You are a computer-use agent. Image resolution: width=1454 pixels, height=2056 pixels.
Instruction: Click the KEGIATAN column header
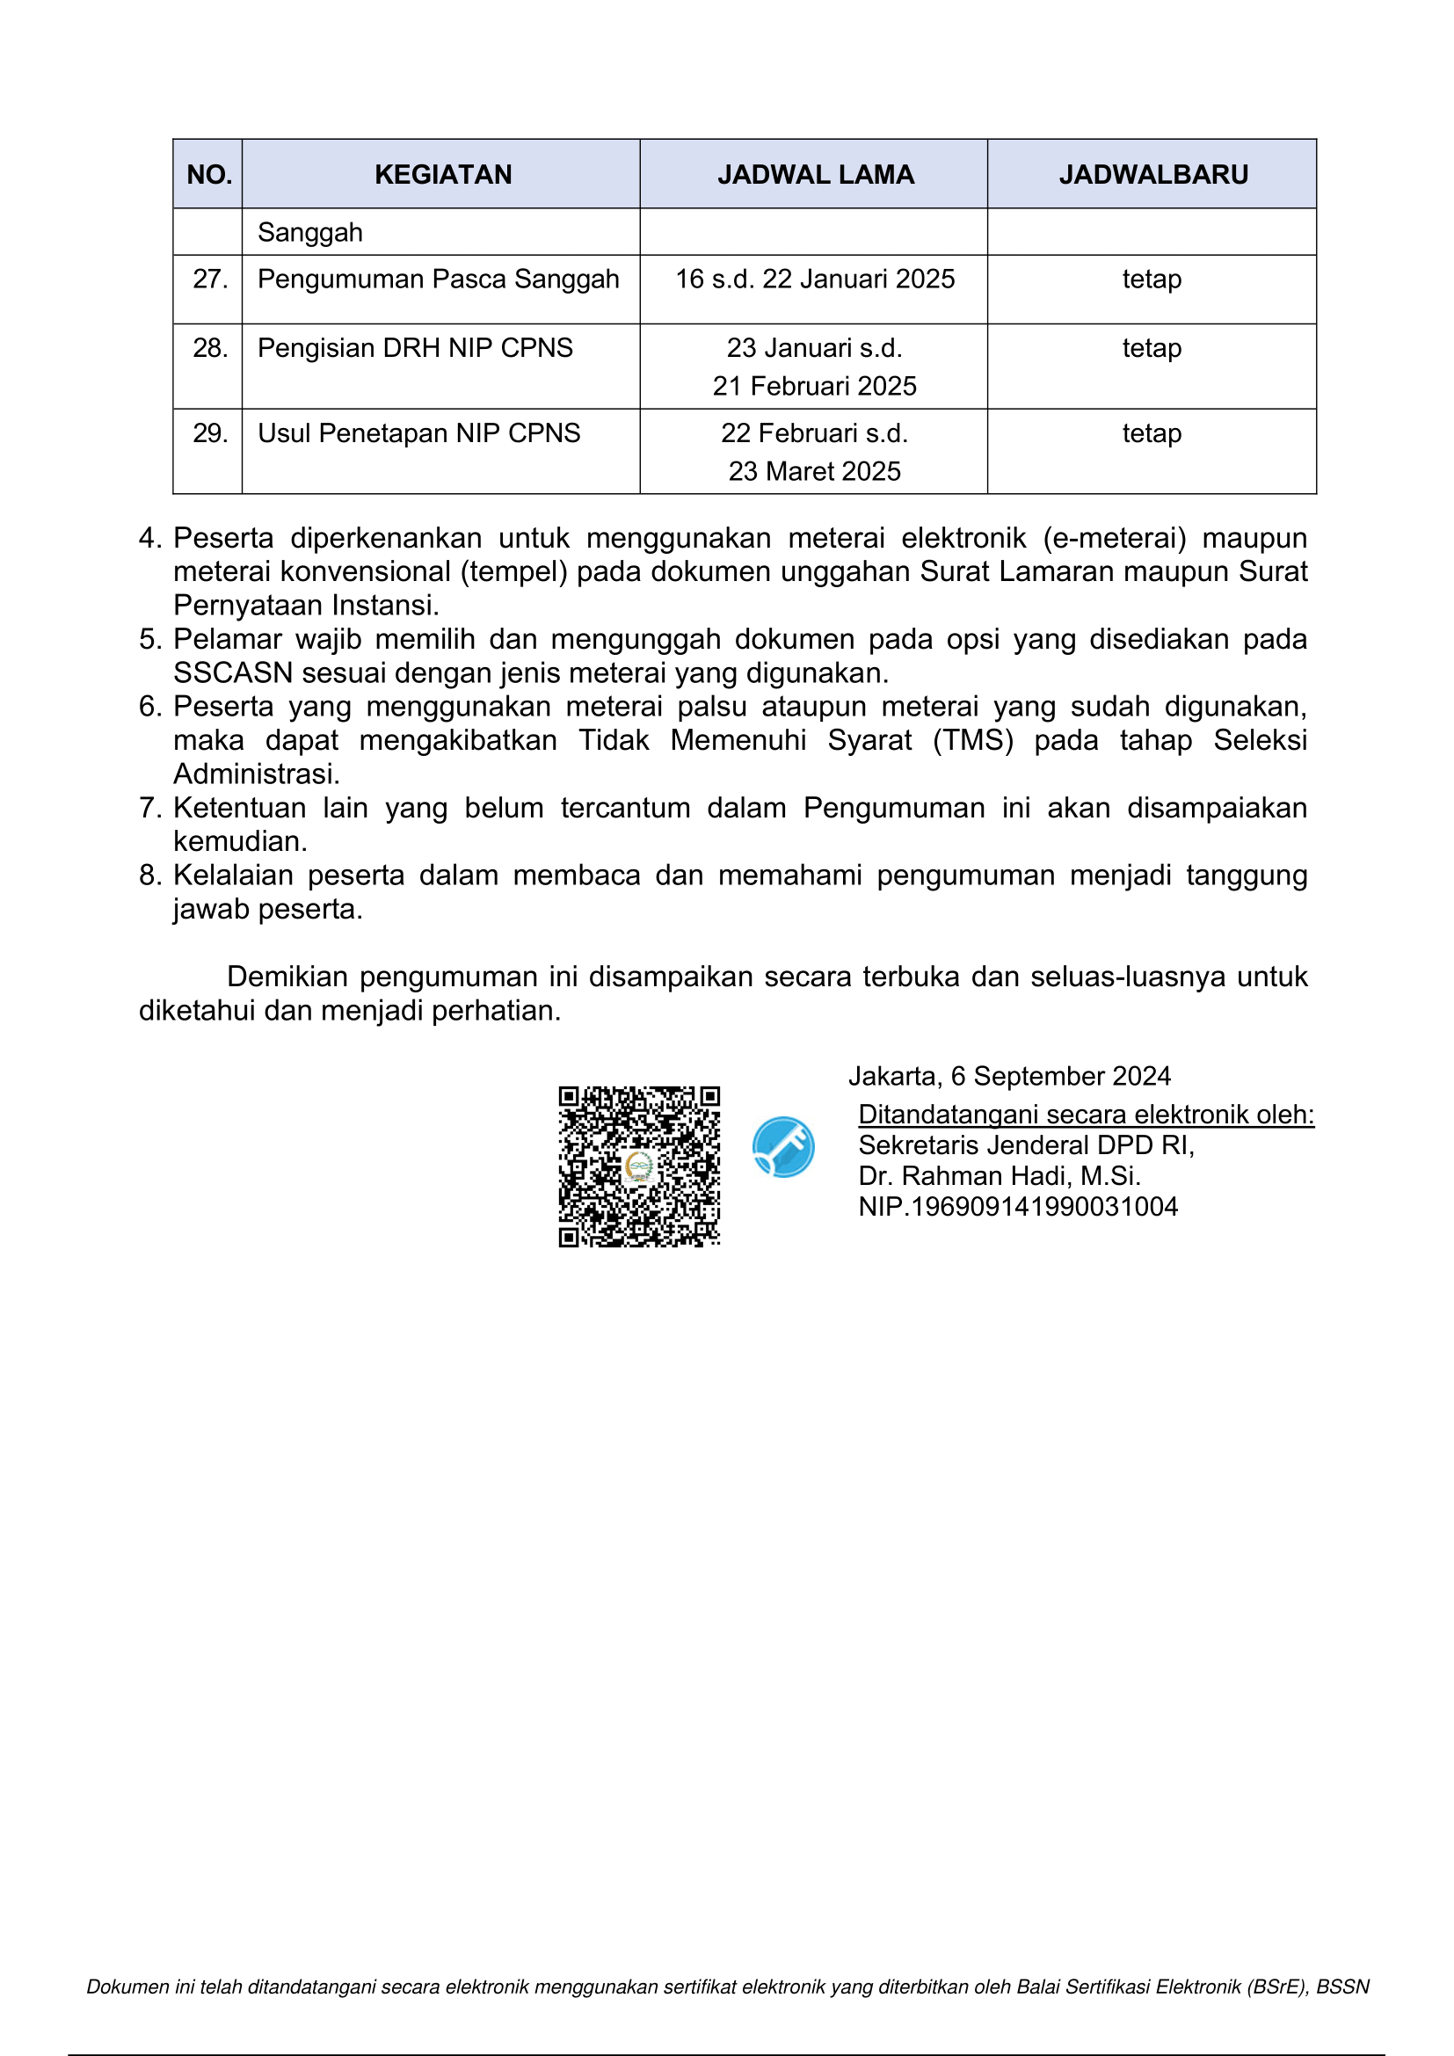click(x=443, y=175)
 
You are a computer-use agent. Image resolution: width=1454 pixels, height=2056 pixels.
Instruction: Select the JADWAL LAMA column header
click(x=815, y=175)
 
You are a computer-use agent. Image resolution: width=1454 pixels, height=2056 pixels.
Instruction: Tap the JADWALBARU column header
click(x=1153, y=175)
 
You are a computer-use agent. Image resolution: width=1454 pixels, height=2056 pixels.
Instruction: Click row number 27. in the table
click(x=210, y=280)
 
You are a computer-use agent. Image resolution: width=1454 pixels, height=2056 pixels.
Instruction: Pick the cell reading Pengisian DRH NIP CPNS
click(x=415, y=348)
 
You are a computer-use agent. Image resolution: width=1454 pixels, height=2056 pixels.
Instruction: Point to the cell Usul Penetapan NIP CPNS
click(x=419, y=433)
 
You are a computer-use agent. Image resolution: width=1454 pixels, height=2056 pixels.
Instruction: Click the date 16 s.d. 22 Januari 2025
click(x=815, y=280)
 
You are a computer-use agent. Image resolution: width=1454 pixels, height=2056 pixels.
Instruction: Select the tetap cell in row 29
click(x=1152, y=433)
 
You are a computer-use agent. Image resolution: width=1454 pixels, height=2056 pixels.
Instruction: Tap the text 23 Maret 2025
click(x=814, y=472)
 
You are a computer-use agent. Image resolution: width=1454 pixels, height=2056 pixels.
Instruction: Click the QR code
click(x=639, y=1166)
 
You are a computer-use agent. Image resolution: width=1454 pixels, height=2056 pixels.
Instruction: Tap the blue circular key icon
click(x=783, y=1147)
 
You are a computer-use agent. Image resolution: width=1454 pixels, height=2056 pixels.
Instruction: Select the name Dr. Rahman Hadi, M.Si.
click(x=1000, y=1176)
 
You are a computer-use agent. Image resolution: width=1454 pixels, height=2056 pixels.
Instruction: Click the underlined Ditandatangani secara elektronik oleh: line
click(x=1086, y=1115)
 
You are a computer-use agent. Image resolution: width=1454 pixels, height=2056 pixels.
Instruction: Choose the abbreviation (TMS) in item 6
click(x=972, y=740)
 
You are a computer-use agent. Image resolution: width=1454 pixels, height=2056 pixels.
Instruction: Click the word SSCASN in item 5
click(x=233, y=673)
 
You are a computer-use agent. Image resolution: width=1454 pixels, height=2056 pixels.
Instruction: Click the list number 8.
click(x=149, y=875)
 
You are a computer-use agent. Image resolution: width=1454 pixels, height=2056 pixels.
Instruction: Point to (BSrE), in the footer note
click(x=1276, y=1987)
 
